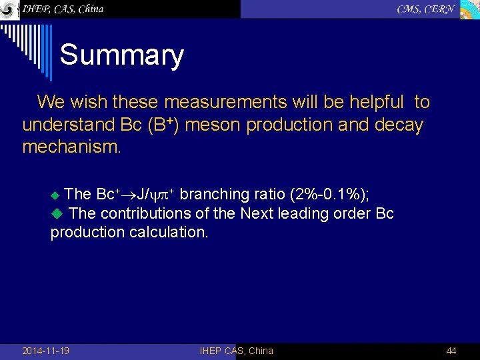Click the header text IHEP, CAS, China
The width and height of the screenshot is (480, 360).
coord(63,9)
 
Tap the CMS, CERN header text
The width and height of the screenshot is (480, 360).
coord(426,9)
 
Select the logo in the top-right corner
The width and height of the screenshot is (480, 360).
coord(469,9)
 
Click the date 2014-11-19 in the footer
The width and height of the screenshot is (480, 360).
coord(45,351)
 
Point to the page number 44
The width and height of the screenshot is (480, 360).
coord(451,351)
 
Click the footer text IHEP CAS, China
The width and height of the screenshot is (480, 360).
coord(236,351)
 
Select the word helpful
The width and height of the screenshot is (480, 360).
coord(372,102)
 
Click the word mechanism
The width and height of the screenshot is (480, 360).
coord(71,147)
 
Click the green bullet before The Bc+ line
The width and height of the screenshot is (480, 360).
coord(55,195)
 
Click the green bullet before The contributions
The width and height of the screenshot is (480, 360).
coord(57,214)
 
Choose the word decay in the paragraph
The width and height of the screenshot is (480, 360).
coord(401,125)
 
